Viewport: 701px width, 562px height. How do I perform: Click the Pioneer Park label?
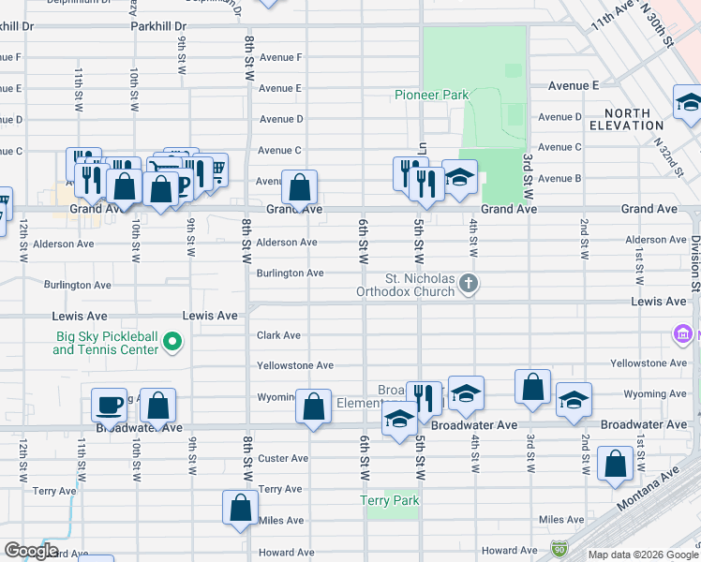(431, 95)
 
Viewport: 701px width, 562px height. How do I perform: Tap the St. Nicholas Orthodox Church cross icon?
(470, 282)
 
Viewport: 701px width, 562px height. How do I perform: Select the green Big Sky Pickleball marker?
(172, 343)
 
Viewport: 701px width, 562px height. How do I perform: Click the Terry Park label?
(390, 501)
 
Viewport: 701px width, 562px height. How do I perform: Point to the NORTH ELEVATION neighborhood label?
(627, 118)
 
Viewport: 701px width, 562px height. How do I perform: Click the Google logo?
(31, 551)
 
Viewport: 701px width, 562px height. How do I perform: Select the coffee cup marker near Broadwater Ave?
(110, 404)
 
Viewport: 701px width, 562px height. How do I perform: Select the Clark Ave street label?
(279, 335)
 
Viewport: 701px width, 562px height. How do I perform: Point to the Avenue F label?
(280, 58)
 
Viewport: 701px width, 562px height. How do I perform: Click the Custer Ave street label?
(283, 459)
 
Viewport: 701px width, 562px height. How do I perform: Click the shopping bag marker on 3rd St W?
(532, 388)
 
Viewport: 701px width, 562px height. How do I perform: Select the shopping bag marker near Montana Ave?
(615, 465)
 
